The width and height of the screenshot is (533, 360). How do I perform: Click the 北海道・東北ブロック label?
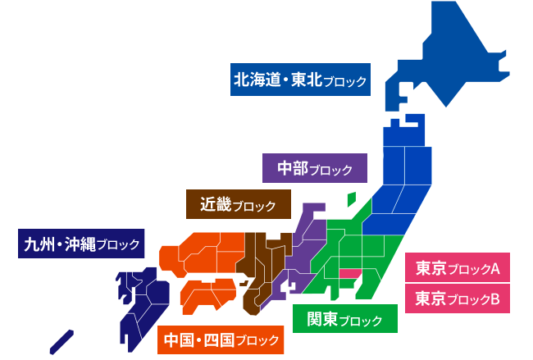tap(298, 81)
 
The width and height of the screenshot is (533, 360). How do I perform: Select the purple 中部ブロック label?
tap(315, 169)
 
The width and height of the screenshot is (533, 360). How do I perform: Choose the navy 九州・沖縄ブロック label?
tap(80, 243)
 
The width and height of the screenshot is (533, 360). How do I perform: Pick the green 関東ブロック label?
tap(344, 318)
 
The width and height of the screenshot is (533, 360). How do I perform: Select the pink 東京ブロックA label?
tap(458, 267)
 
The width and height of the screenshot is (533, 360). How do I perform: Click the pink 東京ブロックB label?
tap(458, 298)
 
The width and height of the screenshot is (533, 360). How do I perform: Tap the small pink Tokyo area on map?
tap(350, 273)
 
